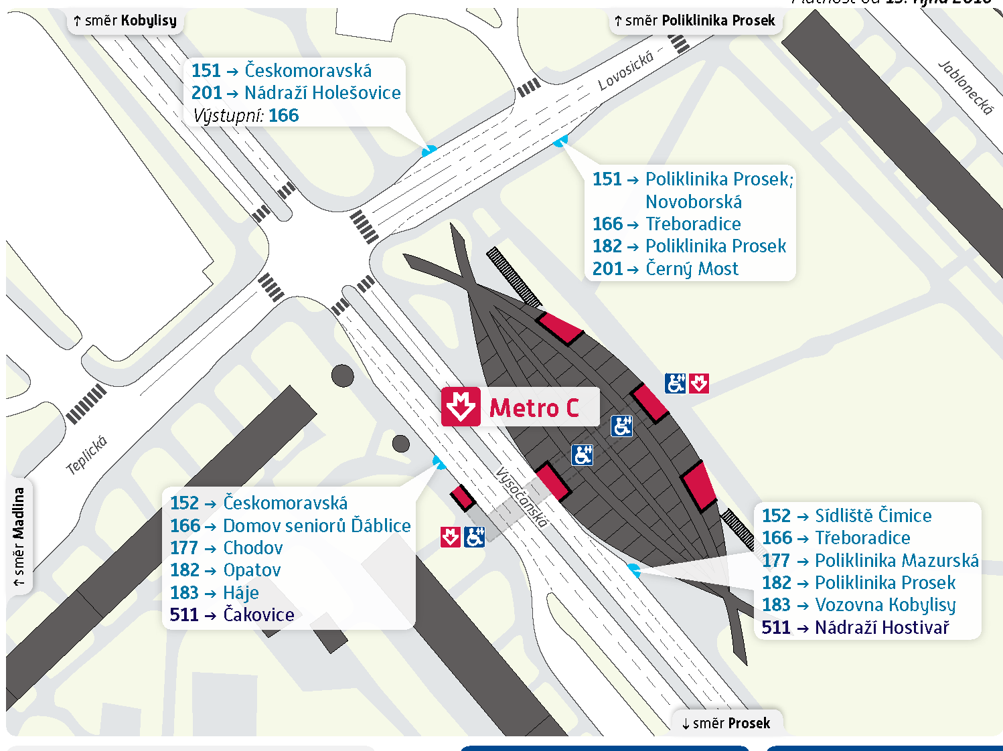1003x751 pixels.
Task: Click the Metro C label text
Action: (x=534, y=408)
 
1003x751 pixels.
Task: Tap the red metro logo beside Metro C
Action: (x=461, y=407)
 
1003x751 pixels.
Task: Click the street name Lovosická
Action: (x=625, y=72)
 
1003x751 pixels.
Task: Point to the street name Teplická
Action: (x=87, y=455)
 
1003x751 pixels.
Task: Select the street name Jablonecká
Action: (x=966, y=88)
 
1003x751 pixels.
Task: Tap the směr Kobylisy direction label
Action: (x=125, y=21)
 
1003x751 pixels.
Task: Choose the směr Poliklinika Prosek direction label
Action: (x=694, y=21)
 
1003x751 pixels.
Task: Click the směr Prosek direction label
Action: (x=726, y=723)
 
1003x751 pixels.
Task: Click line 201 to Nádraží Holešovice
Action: (x=296, y=93)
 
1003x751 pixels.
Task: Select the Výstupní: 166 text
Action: (x=246, y=116)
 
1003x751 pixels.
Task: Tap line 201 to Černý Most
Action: (x=666, y=269)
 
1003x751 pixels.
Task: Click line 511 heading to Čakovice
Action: (x=232, y=615)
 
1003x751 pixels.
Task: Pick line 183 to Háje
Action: (x=214, y=593)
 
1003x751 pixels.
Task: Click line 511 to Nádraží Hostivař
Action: (x=855, y=628)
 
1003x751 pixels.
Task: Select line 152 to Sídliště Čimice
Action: (x=846, y=516)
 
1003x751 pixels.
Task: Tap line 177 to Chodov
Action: (x=226, y=548)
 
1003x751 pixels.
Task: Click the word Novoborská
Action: (x=694, y=202)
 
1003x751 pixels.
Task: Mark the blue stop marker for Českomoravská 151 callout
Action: (x=429, y=151)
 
